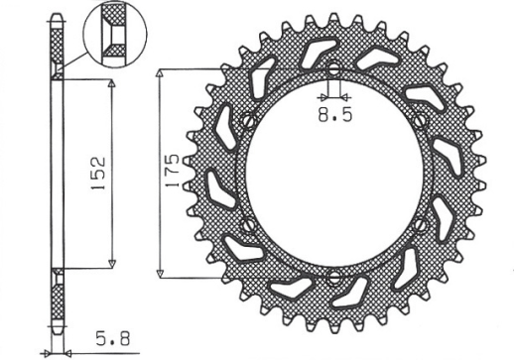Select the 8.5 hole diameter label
(333, 115)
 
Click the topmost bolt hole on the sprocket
(333, 70)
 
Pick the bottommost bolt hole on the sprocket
(333, 275)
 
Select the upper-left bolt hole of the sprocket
(247, 121)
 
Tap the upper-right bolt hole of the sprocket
(421, 121)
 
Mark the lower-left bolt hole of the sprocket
(247, 224)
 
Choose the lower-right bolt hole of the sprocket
(421, 224)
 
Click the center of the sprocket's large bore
(333, 173)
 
